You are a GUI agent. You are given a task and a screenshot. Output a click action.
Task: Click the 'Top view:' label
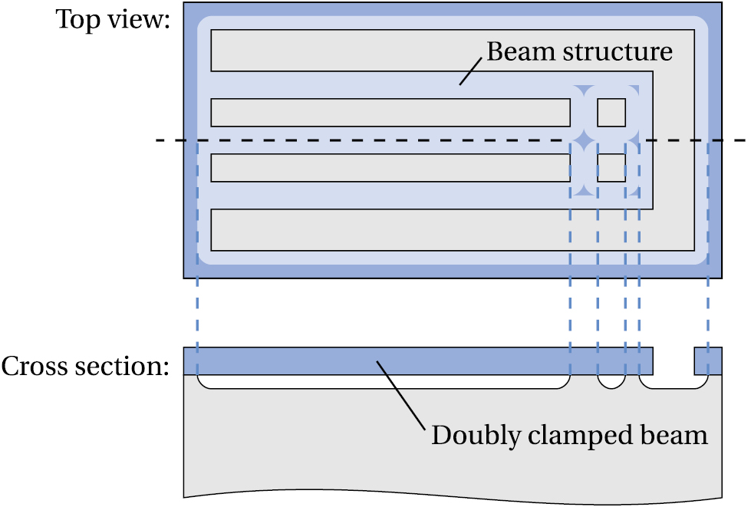[113, 19]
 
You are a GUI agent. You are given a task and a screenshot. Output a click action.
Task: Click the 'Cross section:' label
[84, 366]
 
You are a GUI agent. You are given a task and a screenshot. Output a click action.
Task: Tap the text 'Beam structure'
[579, 51]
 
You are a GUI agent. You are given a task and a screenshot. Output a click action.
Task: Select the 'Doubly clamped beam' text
[568, 435]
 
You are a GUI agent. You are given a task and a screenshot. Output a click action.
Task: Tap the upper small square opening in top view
[611, 113]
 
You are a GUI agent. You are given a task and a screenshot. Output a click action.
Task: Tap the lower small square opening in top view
[611, 168]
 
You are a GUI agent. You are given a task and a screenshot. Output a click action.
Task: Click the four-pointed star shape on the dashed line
[583, 140]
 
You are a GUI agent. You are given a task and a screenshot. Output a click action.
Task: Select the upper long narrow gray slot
[390, 113]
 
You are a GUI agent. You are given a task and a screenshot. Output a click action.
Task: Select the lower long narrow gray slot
[390, 168]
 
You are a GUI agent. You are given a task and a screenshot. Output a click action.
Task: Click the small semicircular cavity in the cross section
[611, 380]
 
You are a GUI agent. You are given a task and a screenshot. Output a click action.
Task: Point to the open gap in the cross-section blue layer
[674, 360]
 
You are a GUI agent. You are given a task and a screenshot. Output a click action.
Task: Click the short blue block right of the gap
[707, 360]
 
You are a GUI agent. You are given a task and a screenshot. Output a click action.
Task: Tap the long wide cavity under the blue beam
[384, 382]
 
